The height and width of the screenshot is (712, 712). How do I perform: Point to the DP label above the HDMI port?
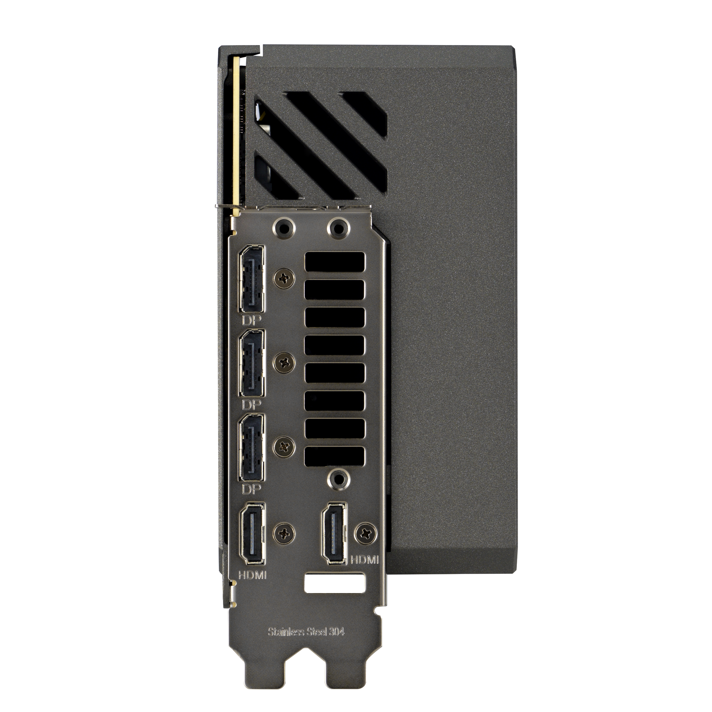(252, 489)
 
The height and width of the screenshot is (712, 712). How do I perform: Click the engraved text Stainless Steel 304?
(306, 632)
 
